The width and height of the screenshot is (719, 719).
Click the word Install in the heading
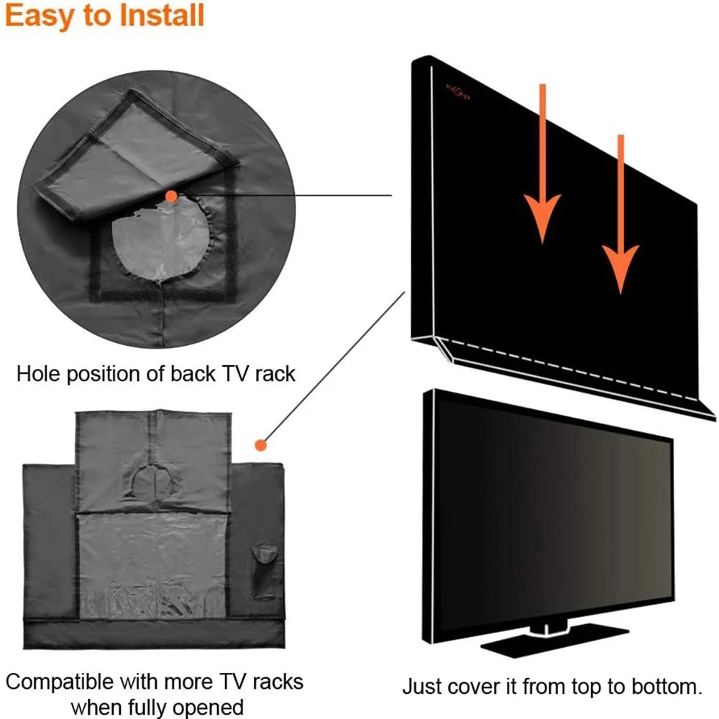[x=160, y=16]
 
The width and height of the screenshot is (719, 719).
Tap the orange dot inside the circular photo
[x=170, y=196]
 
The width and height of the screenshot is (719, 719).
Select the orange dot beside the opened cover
[x=262, y=445]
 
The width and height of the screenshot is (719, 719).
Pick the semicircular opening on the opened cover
[x=152, y=480]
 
